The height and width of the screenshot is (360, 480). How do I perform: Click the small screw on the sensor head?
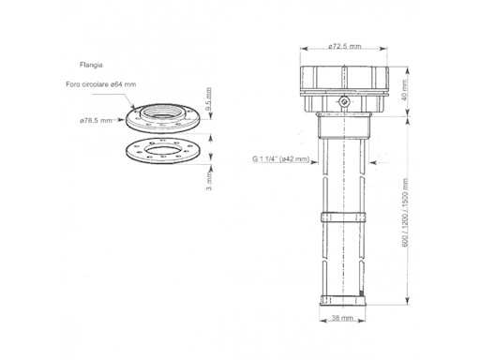pos(344,100)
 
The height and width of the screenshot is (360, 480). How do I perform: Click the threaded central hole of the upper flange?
pos(166,119)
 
